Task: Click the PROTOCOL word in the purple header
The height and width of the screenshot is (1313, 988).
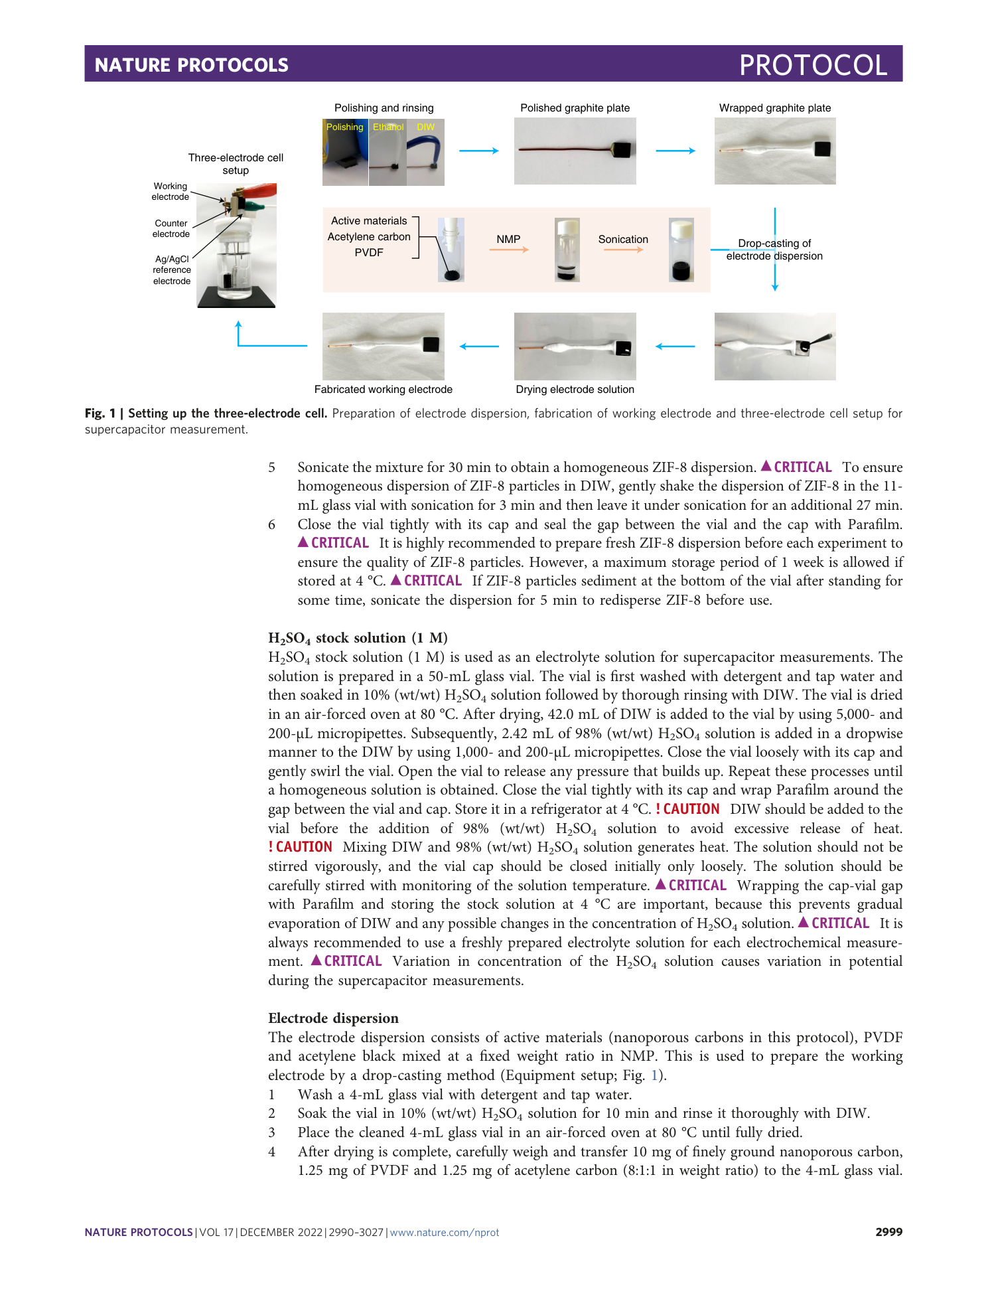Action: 813,65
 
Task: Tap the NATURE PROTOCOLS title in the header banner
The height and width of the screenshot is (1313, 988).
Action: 191,65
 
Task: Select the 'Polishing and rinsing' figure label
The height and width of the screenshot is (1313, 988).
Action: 384,108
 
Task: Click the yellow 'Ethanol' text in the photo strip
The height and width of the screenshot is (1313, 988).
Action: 388,127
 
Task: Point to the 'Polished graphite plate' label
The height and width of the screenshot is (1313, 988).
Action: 575,108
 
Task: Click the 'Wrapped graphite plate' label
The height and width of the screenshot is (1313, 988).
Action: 774,108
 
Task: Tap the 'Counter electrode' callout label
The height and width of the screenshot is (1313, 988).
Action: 171,228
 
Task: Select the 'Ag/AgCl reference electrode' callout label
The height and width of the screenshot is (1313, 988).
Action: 172,270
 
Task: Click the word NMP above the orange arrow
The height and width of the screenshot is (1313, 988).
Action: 508,239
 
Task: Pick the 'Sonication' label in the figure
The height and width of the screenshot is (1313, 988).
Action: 623,239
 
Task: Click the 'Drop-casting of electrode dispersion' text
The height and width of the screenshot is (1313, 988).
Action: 774,250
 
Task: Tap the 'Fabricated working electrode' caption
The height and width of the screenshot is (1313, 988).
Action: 383,390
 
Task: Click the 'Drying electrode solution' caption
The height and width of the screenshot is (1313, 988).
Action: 575,390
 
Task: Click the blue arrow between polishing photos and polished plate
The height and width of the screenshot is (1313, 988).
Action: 478,151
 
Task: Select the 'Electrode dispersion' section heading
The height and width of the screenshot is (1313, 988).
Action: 333,1018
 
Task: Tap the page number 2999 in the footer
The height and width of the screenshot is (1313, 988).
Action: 888,1232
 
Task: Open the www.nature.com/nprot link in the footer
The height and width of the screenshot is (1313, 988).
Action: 444,1233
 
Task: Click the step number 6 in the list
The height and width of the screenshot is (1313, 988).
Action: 271,524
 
